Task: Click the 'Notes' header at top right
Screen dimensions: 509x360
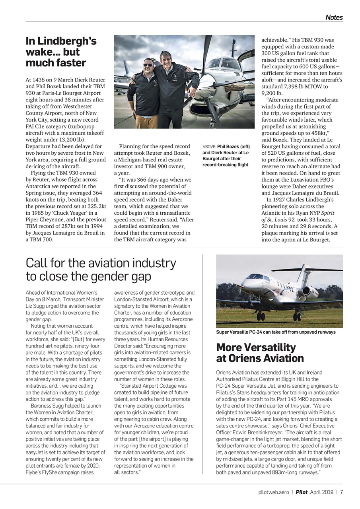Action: (334, 17)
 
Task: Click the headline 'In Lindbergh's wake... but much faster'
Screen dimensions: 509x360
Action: (61, 52)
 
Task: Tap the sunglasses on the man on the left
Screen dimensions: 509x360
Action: (148, 65)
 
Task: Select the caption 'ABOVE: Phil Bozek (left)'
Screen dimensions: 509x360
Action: (226, 147)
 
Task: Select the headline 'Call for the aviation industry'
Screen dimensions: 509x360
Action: (101, 263)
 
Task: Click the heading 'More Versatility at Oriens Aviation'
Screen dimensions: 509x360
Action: (260, 353)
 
